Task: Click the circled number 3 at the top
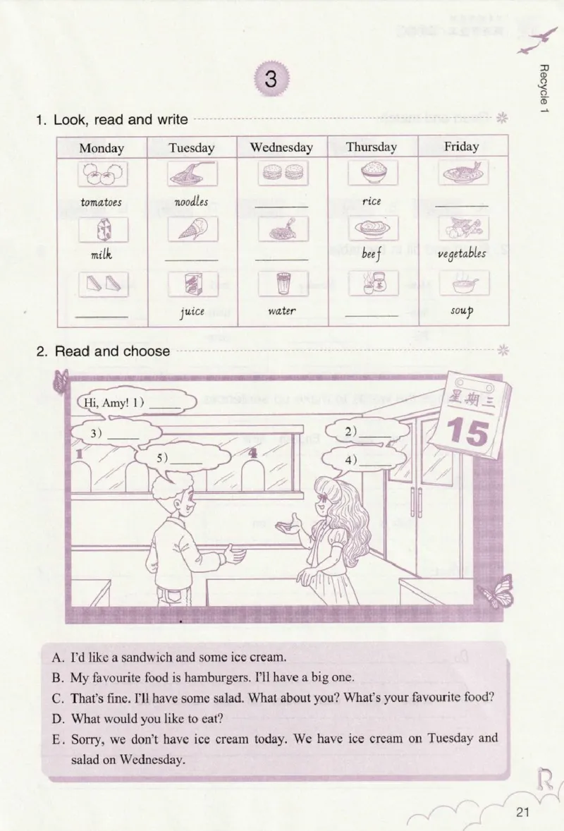[x=271, y=80]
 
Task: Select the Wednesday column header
[x=281, y=147]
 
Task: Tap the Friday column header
[x=461, y=147]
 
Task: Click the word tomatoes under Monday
[x=101, y=202]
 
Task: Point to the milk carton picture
[x=102, y=229]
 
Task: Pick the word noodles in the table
[x=191, y=202]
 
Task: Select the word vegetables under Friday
[x=462, y=254]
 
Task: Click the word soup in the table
[x=462, y=310]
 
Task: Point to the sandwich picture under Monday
[x=102, y=284]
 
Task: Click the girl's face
[x=324, y=505]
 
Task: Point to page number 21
[x=522, y=811]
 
